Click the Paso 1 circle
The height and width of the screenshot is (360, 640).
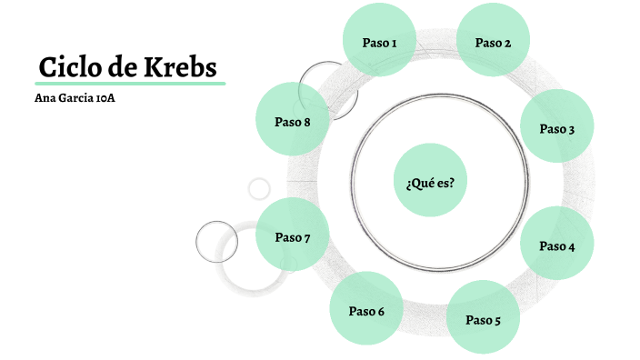coord(379,42)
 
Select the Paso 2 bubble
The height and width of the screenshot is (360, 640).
coord(493,42)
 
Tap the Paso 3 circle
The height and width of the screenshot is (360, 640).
coord(556,128)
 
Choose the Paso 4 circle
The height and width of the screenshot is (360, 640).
coord(556,245)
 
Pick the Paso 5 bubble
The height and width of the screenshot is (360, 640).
coord(483,318)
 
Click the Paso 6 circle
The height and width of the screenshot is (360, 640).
coord(366,310)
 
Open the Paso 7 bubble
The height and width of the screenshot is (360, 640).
coord(293,237)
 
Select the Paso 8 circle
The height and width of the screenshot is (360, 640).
coord(293,120)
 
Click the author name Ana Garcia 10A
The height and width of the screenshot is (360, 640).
coord(74,97)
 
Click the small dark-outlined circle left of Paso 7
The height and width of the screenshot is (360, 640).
coord(216,242)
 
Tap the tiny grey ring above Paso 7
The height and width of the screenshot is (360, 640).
coord(259,188)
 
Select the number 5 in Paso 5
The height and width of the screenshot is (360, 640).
coord(496,319)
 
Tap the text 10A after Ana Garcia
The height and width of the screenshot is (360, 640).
coord(105,97)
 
